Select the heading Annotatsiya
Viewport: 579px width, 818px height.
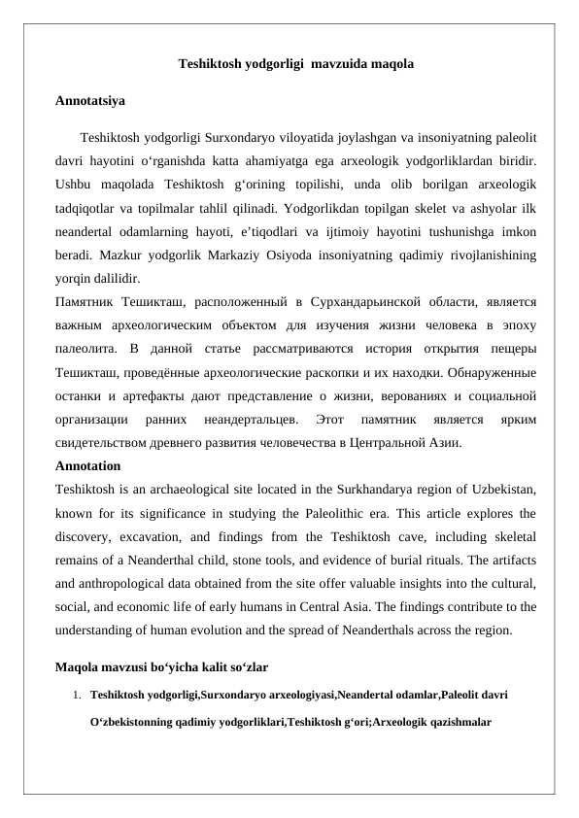pos(89,100)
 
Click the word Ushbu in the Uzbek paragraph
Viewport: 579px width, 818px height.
pos(74,184)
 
